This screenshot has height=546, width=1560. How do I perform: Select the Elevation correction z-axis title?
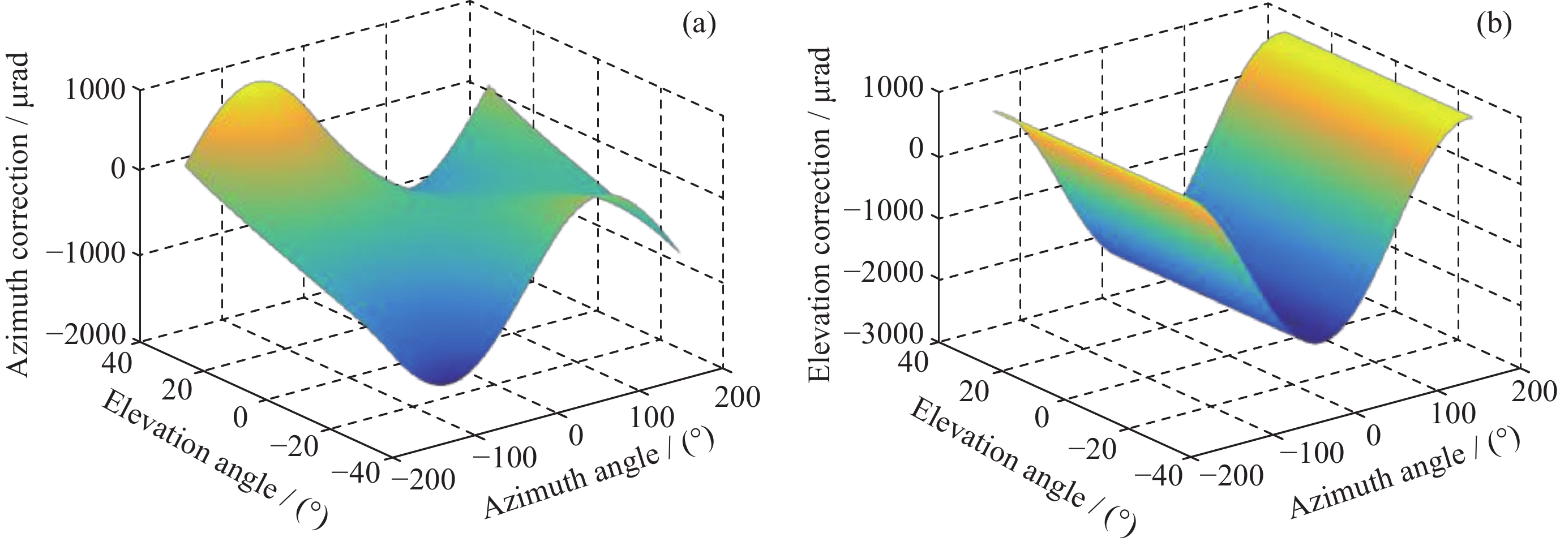click(820, 214)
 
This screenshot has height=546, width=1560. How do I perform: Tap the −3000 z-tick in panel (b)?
click(889, 335)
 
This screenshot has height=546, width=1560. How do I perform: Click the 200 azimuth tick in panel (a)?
click(737, 398)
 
